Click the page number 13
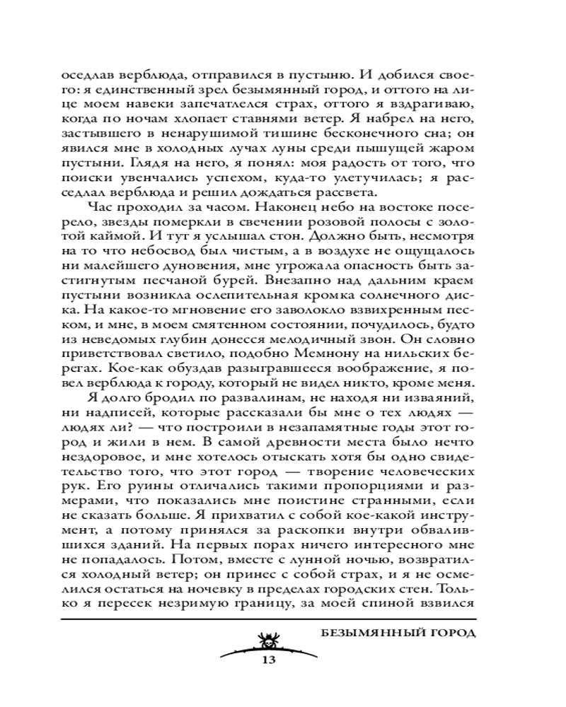point(267,660)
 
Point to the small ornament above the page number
point(267,643)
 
